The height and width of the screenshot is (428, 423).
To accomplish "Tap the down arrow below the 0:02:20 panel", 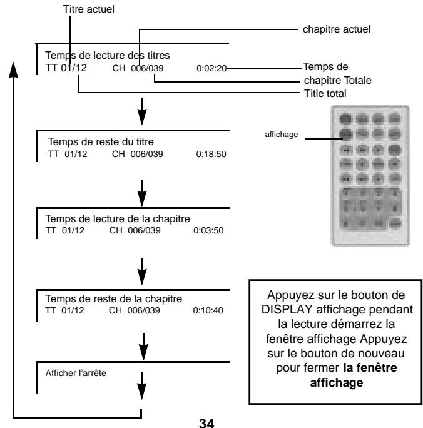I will click(143, 114).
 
